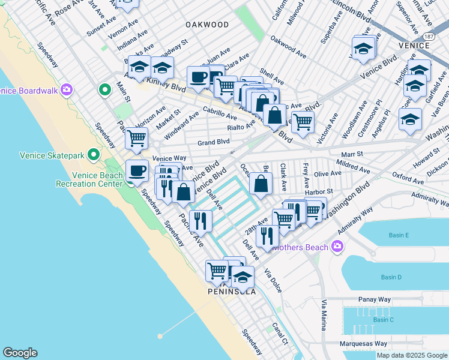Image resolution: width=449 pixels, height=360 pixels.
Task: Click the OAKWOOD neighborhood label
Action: pyautogui.click(x=207, y=25)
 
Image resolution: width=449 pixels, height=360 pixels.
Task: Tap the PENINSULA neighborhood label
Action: pyautogui.click(x=232, y=292)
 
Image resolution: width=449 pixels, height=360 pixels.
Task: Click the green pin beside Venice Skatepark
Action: pyautogui.click(x=93, y=155)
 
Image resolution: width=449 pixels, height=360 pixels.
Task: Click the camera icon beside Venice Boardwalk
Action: pyautogui.click(x=65, y=91)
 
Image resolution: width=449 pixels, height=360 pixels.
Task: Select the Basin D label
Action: pyautogui.click(x=391, y=277)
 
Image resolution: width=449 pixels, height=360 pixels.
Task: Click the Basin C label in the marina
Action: pyautogui.click(x=383, y=319)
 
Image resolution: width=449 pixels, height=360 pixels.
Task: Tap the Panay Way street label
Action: pyautogui.click(x=375, y=299)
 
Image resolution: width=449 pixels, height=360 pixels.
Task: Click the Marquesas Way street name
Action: pyautogui.click(x=364, y=344)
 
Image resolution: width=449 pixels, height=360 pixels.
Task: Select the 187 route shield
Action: pyautogui.click(x=429, y=37)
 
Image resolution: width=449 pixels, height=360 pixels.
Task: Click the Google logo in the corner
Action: pyautogui.click(x=20, y=353)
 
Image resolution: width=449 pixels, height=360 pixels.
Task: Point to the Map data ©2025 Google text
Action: pyautogui.click(x=411, y=355)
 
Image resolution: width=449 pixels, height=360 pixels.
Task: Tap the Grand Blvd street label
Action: pyautogui.click(x=214, y=142)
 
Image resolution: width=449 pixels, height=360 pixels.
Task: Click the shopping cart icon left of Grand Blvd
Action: pyautogui.click(x=136, y=138)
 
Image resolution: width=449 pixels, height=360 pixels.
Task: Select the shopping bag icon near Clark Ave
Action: pyautogui.click(x=261, y=184)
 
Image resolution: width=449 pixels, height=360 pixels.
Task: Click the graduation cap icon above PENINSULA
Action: pyautogui.click(x=243, y=277)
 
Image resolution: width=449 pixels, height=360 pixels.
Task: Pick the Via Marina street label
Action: pyautogui.click(x=324, y=315)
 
